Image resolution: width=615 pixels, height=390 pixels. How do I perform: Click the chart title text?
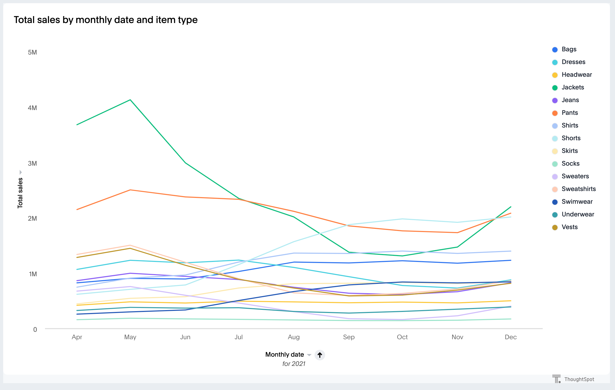[x=106, y=20]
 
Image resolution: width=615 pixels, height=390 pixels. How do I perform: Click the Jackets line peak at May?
[x=130, y=100]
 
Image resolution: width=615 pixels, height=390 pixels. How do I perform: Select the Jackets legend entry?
[x=572, y=87]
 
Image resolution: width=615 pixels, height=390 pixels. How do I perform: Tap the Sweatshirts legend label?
[x=578, y=189]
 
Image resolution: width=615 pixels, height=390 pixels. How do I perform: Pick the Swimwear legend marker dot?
[x=555, y=202]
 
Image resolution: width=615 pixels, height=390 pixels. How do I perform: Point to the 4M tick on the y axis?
[x=32, y=108]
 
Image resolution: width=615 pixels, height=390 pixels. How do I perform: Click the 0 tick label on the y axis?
[x=35, y=329]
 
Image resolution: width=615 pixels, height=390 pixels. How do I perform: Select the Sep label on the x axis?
[x=349, y=337]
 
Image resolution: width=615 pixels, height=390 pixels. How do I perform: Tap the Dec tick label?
[x=510, y=337]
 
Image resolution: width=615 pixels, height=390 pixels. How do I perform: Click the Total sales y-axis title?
[x=20, y=193]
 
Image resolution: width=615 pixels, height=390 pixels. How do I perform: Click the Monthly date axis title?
[x=285, y=355]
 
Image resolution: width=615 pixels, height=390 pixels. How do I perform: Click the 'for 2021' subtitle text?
[x=294, y=364]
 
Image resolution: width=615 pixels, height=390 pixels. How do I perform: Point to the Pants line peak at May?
[x=130, y=190]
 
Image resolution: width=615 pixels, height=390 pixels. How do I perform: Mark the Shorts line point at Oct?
[x=402, y=219]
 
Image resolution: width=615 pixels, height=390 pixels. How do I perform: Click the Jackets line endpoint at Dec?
[x=510, y=207]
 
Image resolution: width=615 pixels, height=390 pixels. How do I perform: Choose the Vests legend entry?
[x=569, y=227]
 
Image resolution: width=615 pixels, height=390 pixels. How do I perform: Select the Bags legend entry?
[x=569, y=49]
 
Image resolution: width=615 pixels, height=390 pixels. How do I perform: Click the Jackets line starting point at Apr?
[x=77, y=125]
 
